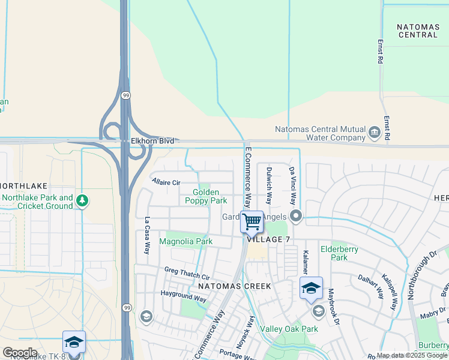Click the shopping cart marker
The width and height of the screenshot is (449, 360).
click(252, 221)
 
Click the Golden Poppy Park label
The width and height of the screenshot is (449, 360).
click(210, 196)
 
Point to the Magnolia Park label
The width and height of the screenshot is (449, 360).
click(185, 241)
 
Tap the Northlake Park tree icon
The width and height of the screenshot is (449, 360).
click(83, 201)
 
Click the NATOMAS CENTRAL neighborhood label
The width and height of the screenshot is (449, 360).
click(418, 31)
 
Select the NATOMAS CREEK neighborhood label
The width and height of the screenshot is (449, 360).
click(235, 286)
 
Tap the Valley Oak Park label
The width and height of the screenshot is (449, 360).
click(289, 329)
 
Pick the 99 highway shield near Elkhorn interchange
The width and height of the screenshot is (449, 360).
click(125, 95)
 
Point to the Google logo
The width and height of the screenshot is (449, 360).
click(19, 353)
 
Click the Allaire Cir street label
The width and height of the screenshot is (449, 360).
click(166, 182)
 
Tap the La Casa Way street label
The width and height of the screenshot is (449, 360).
click(146, 236)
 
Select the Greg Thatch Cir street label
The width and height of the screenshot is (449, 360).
click(187, 274)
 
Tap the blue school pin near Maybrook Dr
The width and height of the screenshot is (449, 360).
click(311, 289)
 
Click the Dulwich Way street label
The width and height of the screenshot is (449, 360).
click(269, 186)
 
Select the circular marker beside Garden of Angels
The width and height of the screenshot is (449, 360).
click(295, 216)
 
